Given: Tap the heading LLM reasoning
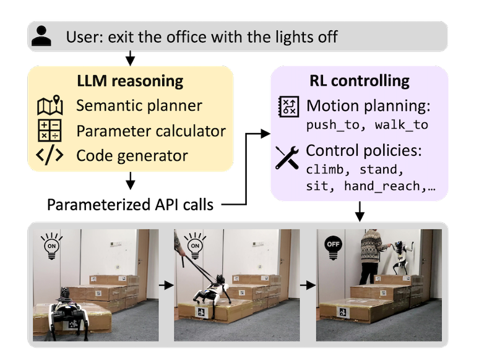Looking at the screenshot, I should [130, 81].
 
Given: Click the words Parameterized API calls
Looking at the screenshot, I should [131, 205].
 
